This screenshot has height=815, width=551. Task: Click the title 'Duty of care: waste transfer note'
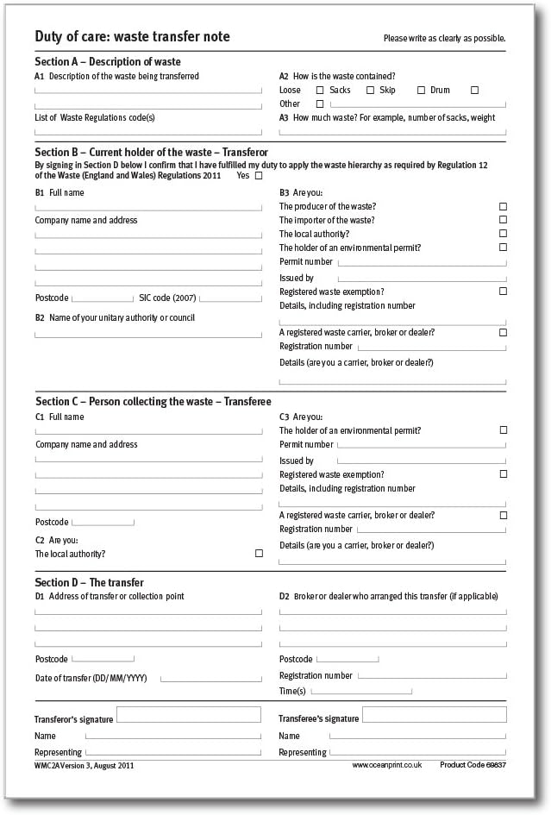click(x=132, y=37)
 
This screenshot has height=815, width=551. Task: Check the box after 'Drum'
click(x=474, y=91)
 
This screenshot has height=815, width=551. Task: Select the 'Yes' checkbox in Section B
click(x=259, y=175)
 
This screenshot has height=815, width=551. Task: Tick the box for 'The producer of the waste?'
click(x=503, y=207)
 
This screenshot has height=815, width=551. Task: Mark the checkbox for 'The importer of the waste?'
click(x=503, y=221)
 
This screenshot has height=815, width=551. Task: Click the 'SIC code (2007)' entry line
click(x=230, y=299)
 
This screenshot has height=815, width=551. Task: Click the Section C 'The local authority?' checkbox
click(x=259, y=554)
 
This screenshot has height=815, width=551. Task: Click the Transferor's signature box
click(x=188, y=714)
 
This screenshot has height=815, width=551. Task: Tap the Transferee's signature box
click(x=434, y=714)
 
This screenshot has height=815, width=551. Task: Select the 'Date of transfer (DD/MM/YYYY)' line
click(x=210, y=680)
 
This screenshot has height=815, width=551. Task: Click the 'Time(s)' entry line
click(x=363, y=692)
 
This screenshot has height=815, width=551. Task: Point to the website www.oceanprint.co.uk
click(x=386, y=765)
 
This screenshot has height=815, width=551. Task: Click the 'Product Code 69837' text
click(x=473, y=765)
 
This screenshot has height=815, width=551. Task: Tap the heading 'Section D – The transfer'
click(x=89, y=583)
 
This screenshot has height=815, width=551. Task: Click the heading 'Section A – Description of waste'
click(x=108, y=62)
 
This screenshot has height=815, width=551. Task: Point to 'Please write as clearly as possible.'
click(x=444, y=39)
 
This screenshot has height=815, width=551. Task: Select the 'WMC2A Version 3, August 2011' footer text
click(x=85, y=765)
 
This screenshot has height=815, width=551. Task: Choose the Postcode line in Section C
click(x=103, y=523)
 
